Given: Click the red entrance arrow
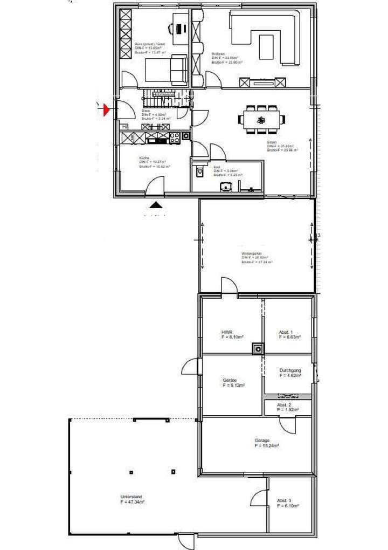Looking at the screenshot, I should [106, 110].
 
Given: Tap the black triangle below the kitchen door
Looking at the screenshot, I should [156, 204].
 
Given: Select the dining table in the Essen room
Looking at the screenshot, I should [261, 119].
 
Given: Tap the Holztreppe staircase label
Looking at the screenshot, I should [164, 95].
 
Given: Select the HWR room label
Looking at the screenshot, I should [226, 332].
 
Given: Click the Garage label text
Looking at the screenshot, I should [262, 441].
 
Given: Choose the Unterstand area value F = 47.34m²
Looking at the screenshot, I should [133, 501].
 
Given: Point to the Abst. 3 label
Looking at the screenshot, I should [285, 500].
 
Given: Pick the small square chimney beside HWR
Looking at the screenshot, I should [258, 349].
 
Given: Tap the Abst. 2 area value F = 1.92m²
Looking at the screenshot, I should [288, 410].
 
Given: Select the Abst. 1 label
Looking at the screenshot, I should [286, 332].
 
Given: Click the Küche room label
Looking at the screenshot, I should [144, 157].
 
